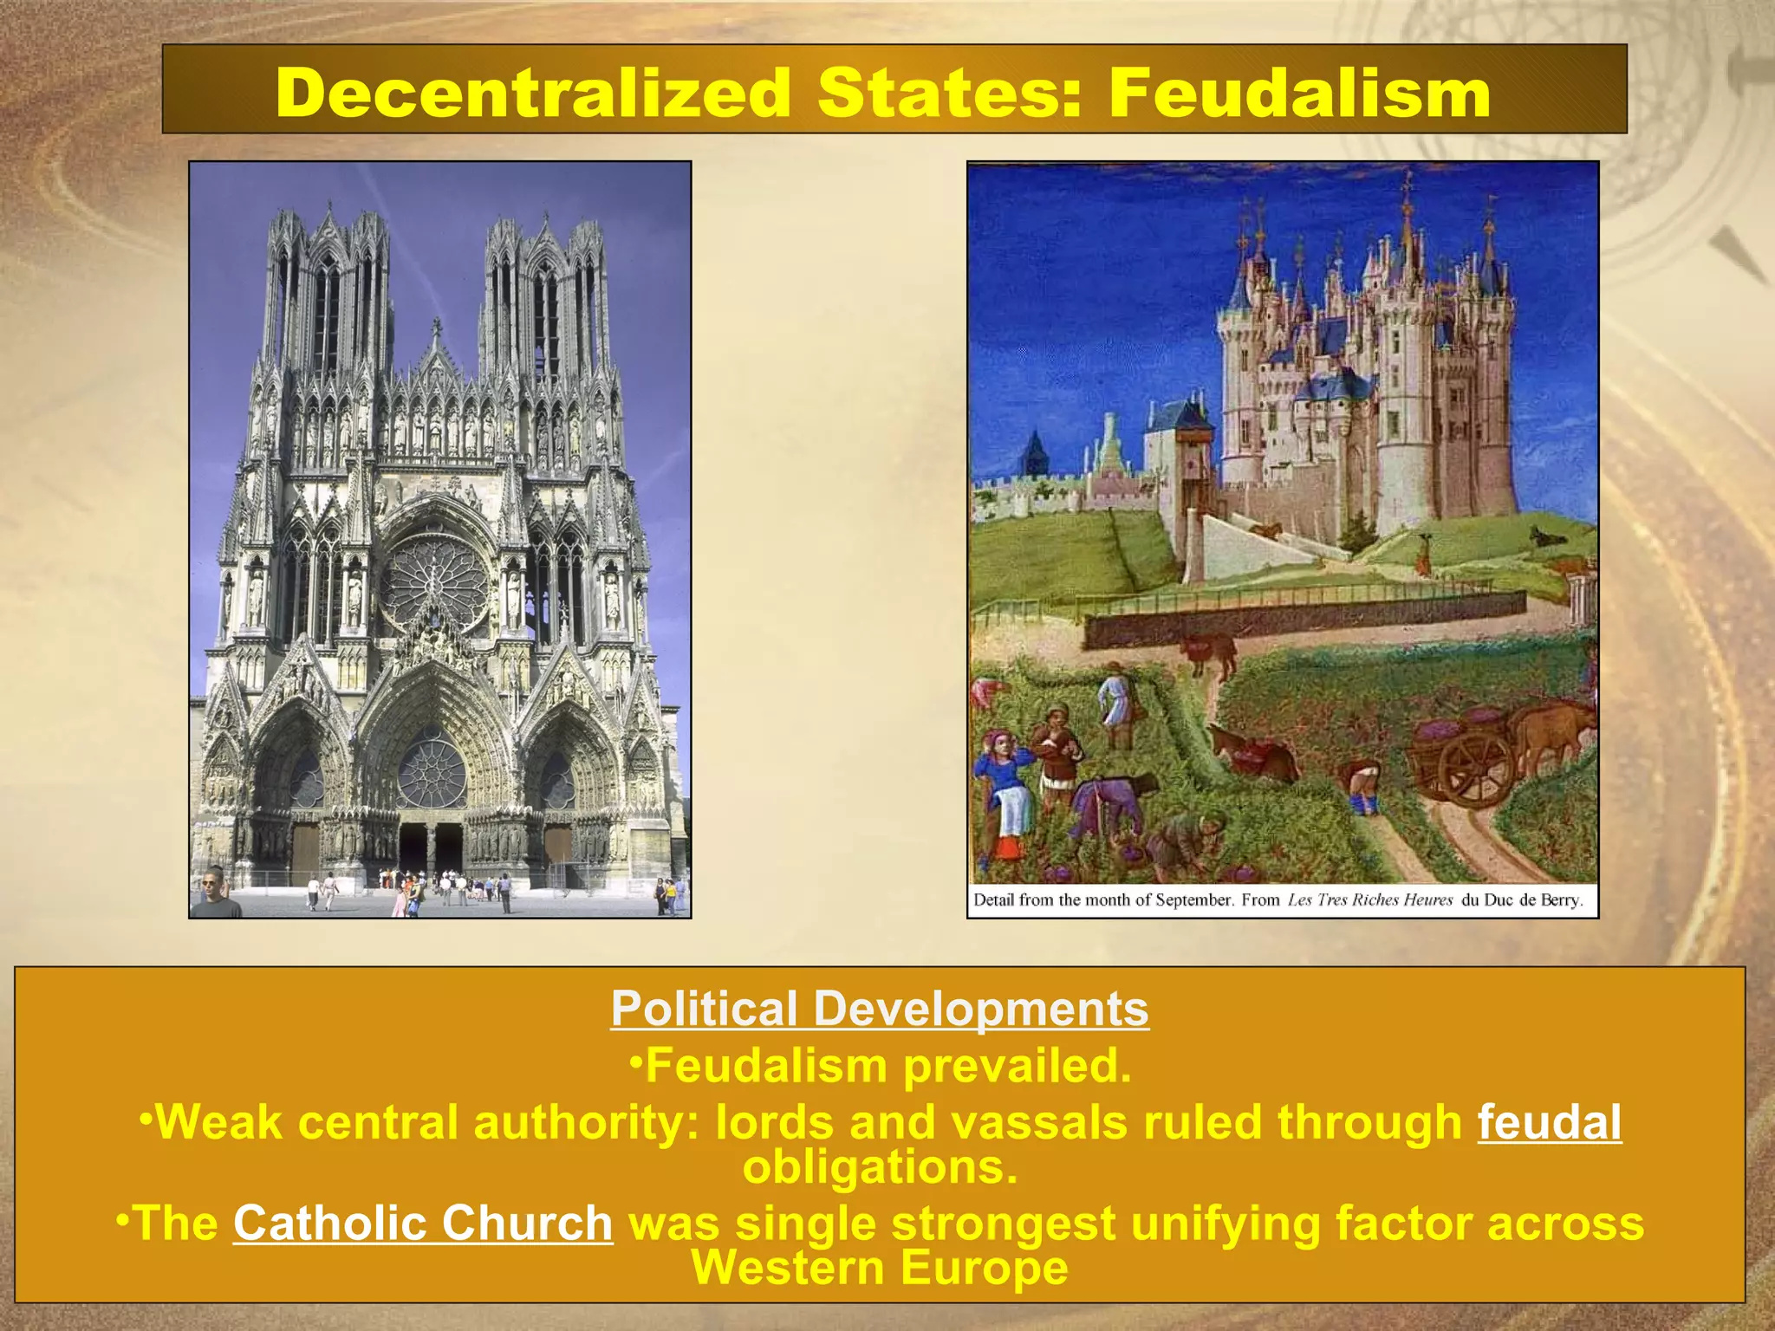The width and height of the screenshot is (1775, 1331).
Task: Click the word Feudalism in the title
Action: pos(1298,93)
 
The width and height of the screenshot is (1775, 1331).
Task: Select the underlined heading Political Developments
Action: pos(880,1009)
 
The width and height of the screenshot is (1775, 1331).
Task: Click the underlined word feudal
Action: pos(1549,1123)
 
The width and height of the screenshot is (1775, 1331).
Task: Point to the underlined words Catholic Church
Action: pos(423,1223)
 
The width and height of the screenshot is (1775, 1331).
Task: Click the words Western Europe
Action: pos(880,1268)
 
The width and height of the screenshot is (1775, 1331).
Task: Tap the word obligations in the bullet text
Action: pos(880,1167)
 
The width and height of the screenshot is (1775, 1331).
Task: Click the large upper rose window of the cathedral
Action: pos(435,581)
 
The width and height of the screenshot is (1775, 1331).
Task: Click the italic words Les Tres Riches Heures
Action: pos(1369,899)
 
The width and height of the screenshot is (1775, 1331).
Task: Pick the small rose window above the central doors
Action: pos(431,771)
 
